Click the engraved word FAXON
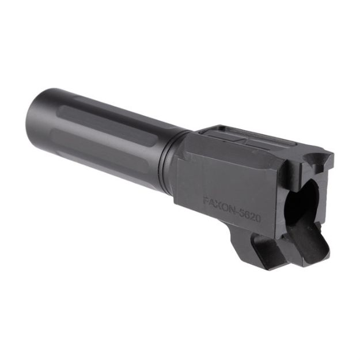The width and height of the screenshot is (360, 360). point(219,203)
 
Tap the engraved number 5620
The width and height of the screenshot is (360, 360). point(253,209)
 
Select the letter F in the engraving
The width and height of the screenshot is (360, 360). point(206,201)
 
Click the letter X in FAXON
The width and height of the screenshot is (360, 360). point(219,203)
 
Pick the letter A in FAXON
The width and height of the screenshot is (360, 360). point(213,202)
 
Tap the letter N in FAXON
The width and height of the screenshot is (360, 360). point(233,206)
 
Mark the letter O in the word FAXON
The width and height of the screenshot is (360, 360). point(226,204)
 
